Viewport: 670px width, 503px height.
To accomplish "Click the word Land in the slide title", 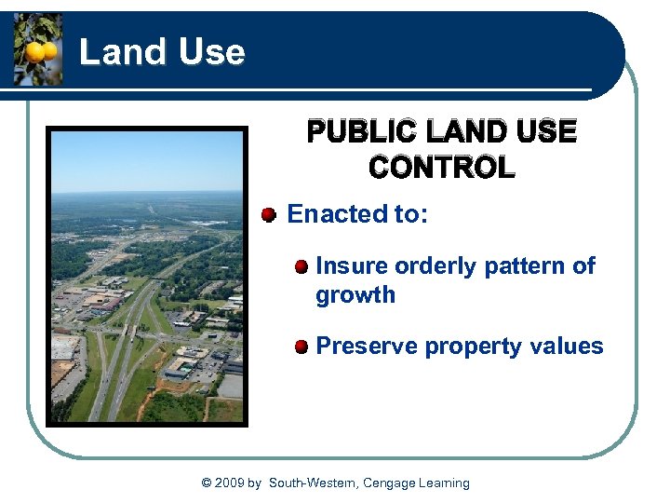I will coord(115,51).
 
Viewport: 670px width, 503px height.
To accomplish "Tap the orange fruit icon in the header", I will coord(38,49).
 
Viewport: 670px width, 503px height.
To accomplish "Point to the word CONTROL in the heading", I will coord(441,168).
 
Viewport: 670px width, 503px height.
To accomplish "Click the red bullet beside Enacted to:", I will coord(268,215).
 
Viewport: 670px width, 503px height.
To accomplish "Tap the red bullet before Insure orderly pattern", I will coord(301,267).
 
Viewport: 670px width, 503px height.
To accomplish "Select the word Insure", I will coord(352,266).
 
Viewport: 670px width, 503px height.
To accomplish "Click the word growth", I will coord(355,295).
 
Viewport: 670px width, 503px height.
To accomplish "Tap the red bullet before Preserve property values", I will coord(301,347).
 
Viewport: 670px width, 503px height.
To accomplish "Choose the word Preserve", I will coord(367,347).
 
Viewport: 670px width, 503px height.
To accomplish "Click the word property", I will coord(470,347).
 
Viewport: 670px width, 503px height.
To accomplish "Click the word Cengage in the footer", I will coord(390,483).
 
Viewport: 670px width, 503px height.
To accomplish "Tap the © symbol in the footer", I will coord(207,483).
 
